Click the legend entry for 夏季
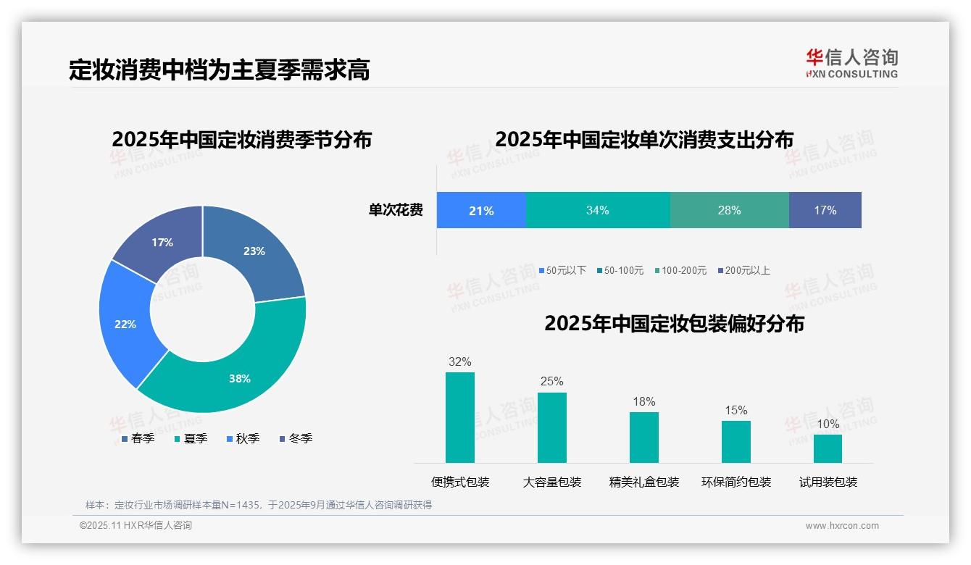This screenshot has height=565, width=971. [x=191, y=438]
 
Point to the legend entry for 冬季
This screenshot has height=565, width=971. [x=296, y=438]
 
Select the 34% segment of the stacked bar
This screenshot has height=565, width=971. [x=597, y=210]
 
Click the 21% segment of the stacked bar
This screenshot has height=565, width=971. [x=480, y=210]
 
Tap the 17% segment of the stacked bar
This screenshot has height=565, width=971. [x=825, y=210]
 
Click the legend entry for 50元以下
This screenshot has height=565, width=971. [x=562, y=270]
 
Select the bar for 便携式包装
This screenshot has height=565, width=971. [x=459, y=417]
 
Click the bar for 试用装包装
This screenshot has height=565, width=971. [x=828, y=448]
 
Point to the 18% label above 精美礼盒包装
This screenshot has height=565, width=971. [x=643, y=401]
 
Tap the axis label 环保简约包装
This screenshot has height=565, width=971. [x=735, y=482]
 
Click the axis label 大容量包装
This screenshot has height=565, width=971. [x=551, y=482]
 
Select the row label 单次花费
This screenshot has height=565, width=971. [x=396, y=210]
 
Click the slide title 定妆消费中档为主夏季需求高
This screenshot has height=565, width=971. [x=220, y=70]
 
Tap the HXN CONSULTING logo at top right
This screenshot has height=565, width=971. [x=851, y=63]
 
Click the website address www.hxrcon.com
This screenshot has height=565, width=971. [x=841, y=525]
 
